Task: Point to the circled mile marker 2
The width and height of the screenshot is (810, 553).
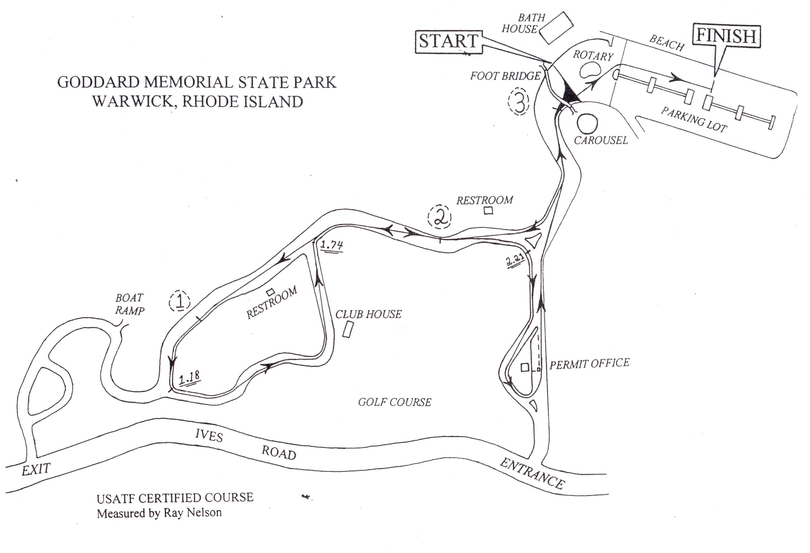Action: [440, 217]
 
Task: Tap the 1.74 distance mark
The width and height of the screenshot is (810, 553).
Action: [331, 245]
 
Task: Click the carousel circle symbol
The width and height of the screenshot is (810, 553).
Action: [587, 123]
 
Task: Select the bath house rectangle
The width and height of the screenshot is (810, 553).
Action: [556, 28]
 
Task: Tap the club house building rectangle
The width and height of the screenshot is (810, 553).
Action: [348, 329]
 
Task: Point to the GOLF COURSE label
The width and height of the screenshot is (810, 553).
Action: [395, 402]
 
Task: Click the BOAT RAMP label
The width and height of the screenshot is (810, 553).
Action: [130, 304]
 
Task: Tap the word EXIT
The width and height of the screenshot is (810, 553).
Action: [36, 469]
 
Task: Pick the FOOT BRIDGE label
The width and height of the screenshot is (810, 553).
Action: [505, 76]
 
